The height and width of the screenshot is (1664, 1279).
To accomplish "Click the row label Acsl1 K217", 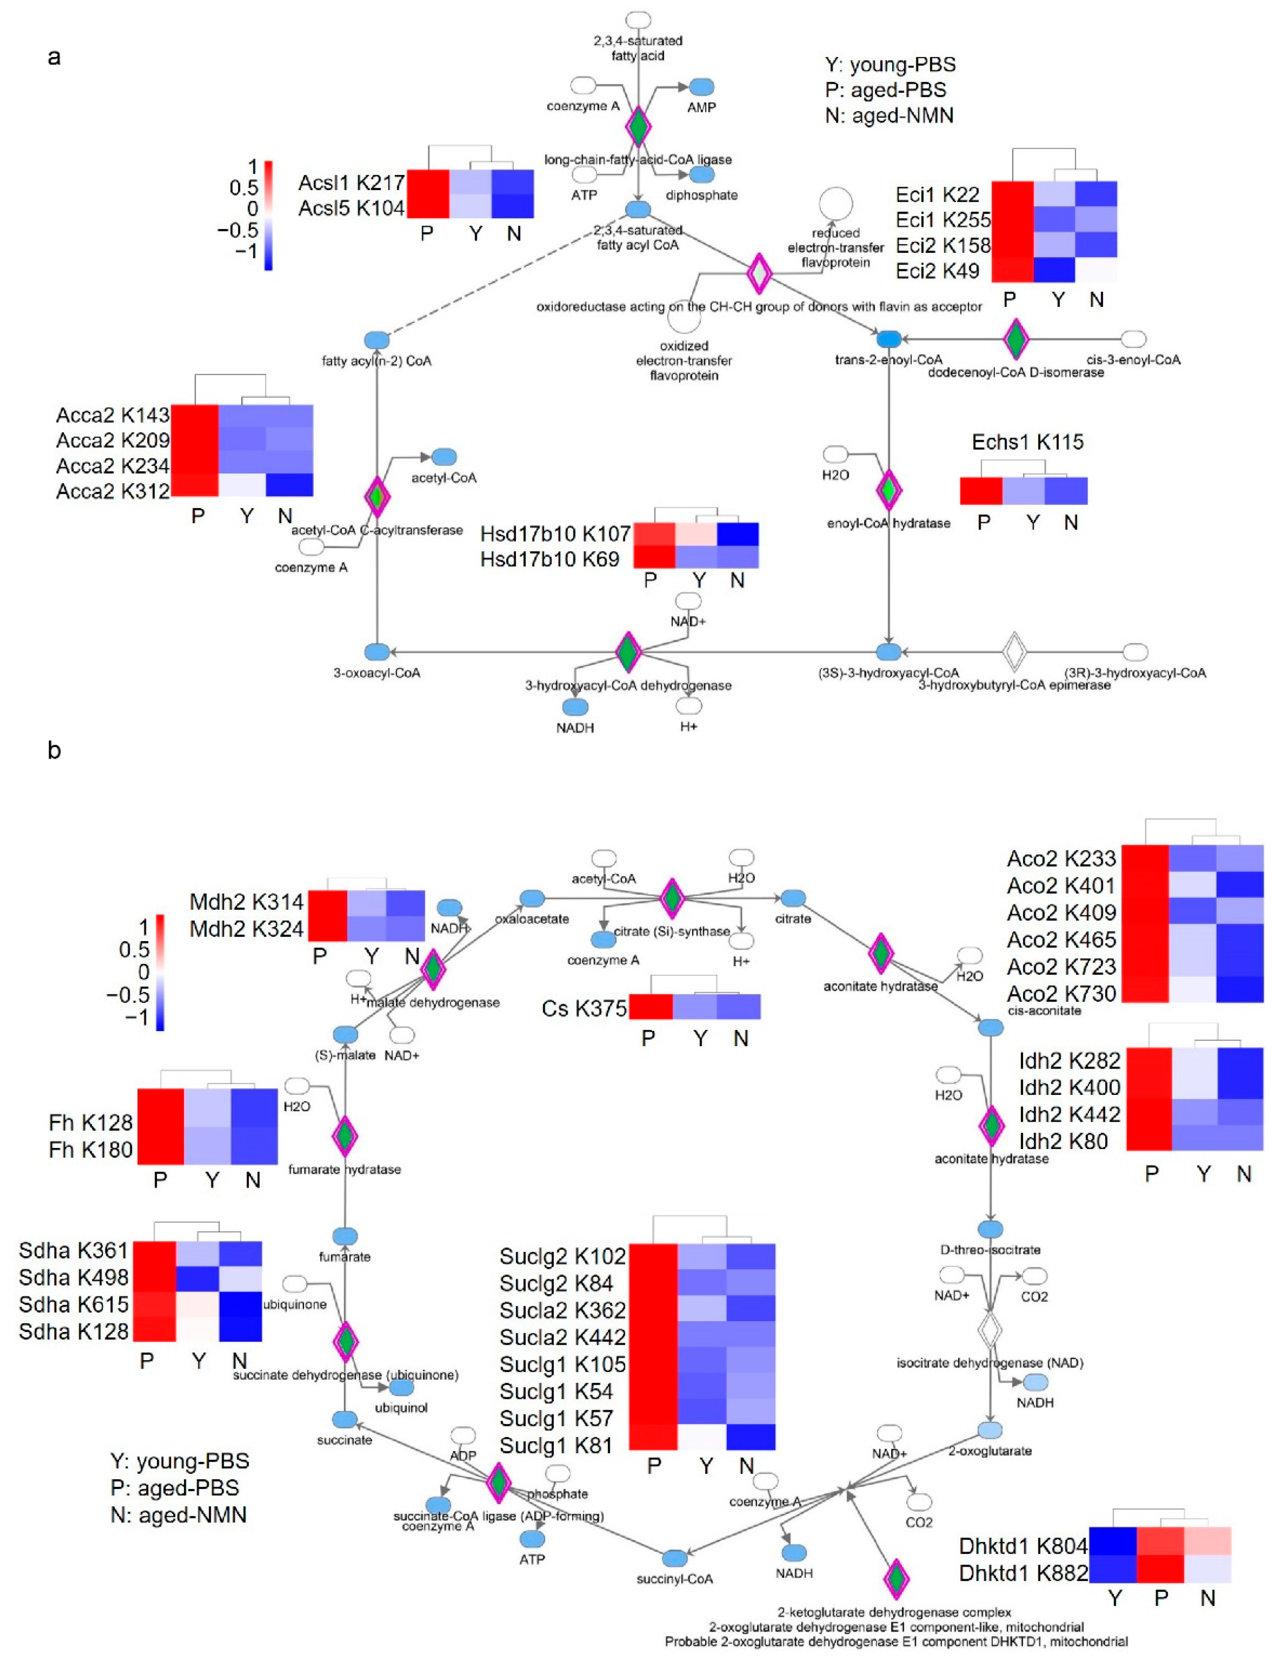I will pyautogui.click(x=351, y=183).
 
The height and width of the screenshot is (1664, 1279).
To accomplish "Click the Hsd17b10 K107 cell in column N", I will pyautogui.click(x=737, y=534).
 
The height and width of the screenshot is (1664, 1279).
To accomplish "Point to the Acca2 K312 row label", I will pyautogui.click(x=113, y=491).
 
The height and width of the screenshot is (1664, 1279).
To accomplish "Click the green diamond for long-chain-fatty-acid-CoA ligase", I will pyautogui.click(x=638, y=127).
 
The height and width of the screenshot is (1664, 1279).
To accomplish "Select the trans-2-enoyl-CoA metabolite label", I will pyautogui.click(x=888, y=359).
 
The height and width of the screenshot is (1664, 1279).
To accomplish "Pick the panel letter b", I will pyautogui.click(x=54, y=750).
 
